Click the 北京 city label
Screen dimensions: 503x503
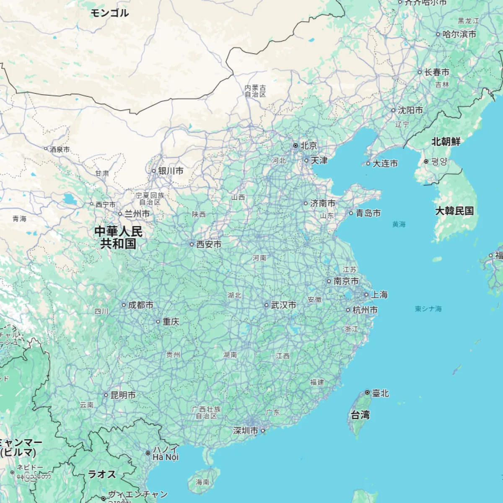pyautogui.click(x=309, y=145)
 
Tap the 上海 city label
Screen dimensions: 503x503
pyautogui.click(x=379, y=295)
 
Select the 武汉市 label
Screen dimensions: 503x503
pyautogui.click(x=283, y=305)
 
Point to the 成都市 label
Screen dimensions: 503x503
pyautogui.click(x=140, y=305)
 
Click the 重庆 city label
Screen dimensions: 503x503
pyautogui.click(x=171, y=322)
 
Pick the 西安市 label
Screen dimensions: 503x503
pyautogui.click(x=209, y=244)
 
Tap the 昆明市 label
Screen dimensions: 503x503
pyautogui.click(x=123, y=395)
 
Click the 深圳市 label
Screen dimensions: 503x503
pyautogui.click(x=246, y=430)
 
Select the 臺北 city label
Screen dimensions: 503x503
pyautogui.click(x=381, y=393)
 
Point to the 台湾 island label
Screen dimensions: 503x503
pyautogui.click(x=360, y=415)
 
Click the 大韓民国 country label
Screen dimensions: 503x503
pyautogui.click(x=454, y=210)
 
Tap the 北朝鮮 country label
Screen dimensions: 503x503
pyautogui.click(x=446, y=142)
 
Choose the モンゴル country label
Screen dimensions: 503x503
pyautogui.click(x=109, y=13)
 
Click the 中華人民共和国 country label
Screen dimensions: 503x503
pyautogui.click(x=118, y=237)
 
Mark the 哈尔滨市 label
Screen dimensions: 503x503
pyautogui.click(x=459, y=34)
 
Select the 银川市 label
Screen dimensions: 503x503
pyautogui.click(x=171, y=171)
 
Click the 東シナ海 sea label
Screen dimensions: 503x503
pyautogui.click(x=428, y=309)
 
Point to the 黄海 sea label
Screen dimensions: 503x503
pyautogui.click(x=399, y=224)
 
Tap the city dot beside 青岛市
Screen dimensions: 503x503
pyautogui.click(x=351, y=213)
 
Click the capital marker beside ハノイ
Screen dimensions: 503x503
pyautogui.click(x=148, y=453)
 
